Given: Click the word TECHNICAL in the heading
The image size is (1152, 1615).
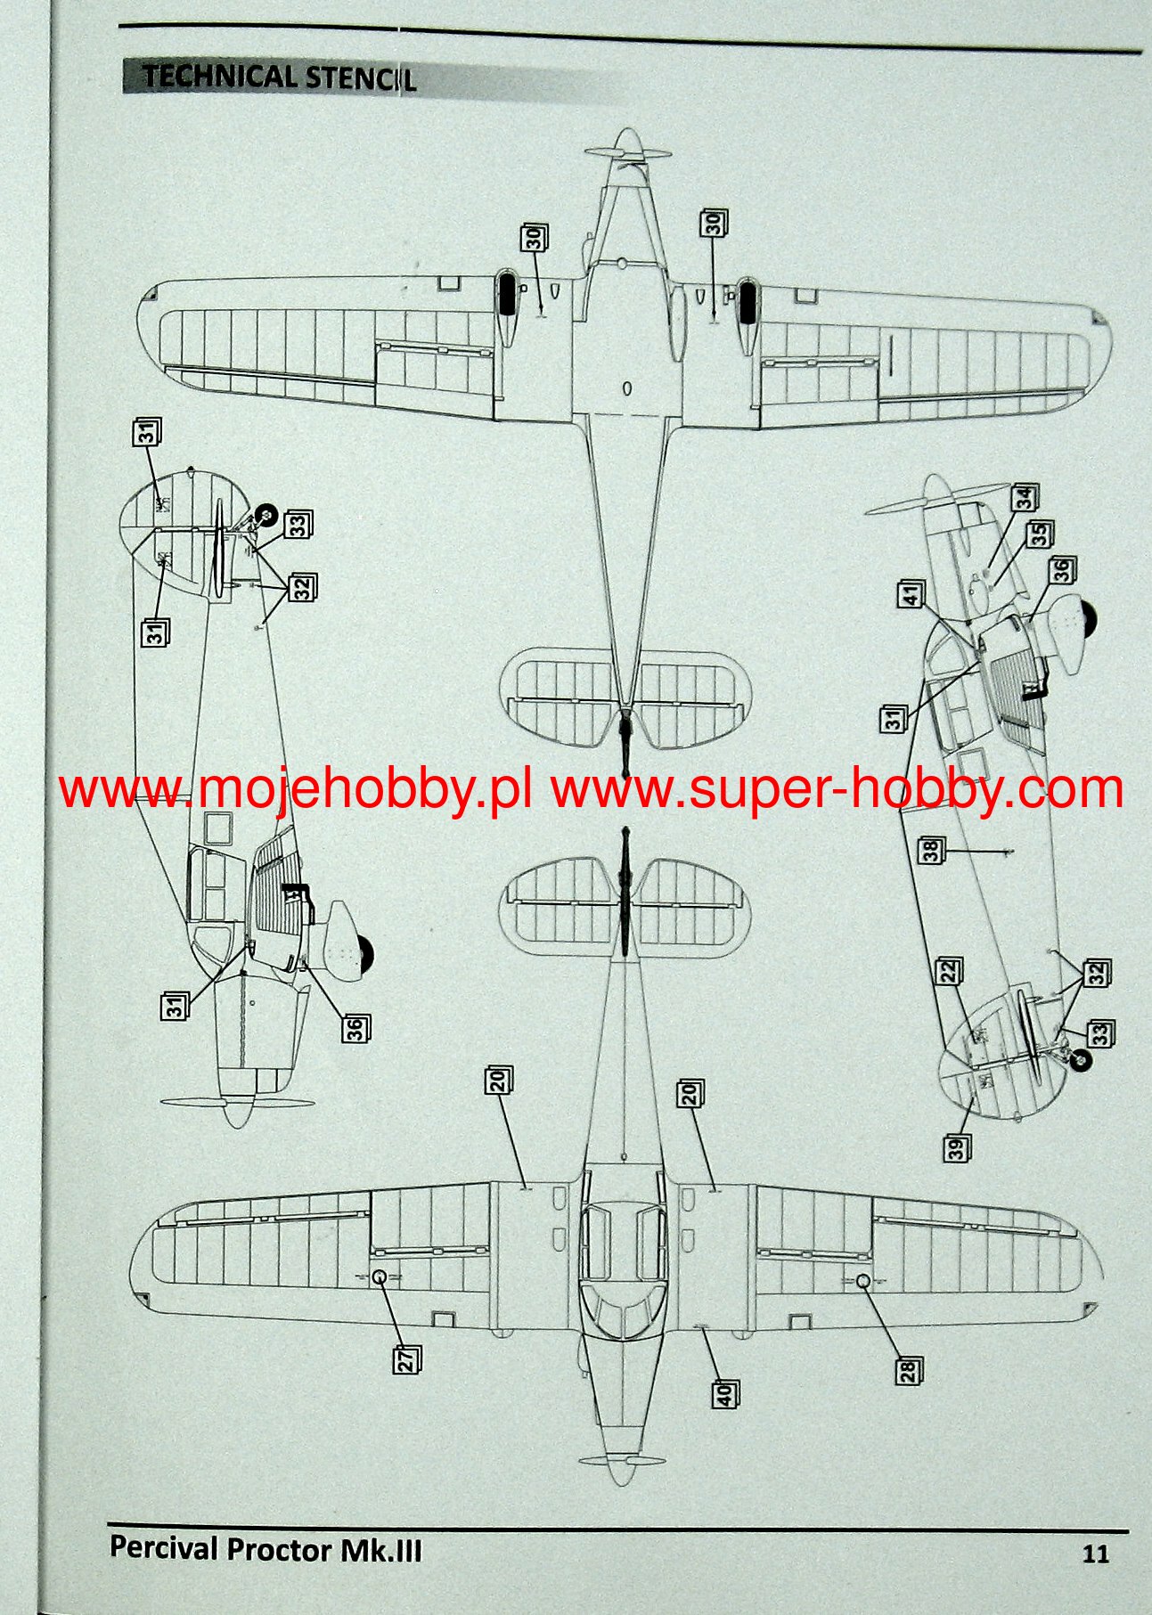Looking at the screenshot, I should click(x=218, y=77).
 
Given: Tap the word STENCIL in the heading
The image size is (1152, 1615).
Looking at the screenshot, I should click(x=360, y=78).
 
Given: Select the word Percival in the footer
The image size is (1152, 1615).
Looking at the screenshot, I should click(x=163, y=1548).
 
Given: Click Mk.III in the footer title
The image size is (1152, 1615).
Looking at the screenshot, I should click(x=381, y=1550).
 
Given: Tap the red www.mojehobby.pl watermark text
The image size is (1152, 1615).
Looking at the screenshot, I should click(x=296, y=789).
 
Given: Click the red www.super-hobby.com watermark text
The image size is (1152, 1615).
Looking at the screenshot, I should click(x=837, y=789).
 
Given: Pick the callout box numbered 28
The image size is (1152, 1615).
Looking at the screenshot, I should click(x=908, y=1370).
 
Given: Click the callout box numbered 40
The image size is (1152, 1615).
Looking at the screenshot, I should click(x=725, y=1393).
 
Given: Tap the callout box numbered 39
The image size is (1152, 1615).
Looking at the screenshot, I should click(x=957, y=1147).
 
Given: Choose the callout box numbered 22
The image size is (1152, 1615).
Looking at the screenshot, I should click(x=949, y=971).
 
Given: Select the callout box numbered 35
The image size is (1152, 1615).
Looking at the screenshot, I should click(x=1039, y=534).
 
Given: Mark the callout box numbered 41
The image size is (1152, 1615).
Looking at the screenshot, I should click(x=911, y=594).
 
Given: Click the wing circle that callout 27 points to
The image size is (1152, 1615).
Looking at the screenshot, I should click(x=379, y=1277).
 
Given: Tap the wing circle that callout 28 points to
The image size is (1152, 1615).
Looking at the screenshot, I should click(x=863, y=1280).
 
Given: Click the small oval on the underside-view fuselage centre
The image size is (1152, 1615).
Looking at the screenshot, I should click(x=626, y=387).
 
